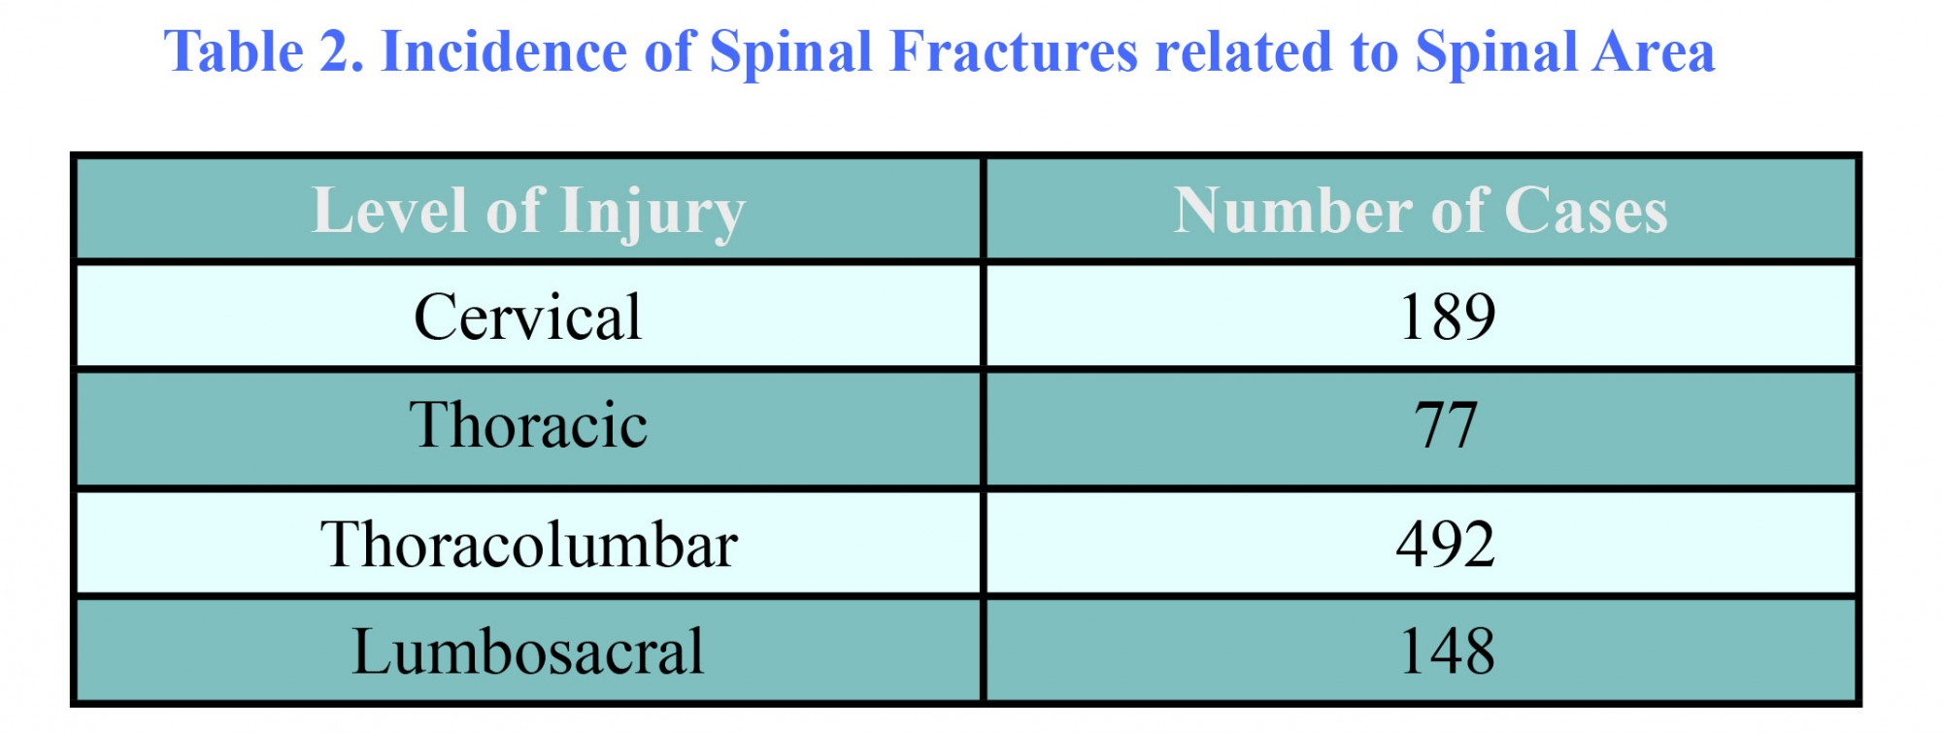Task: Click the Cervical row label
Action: click(527, 317)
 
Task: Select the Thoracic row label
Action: click(527, 424)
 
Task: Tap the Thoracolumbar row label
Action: click(529, 544)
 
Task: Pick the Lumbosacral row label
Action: click(527, 650)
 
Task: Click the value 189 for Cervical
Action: click(1447, 317)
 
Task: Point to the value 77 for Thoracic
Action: click(1446, 424)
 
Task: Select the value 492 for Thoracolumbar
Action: click(1446, 544)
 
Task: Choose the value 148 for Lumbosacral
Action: click(1447, 650)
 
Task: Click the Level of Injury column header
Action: click(528, 212)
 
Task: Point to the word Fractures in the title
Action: click(1013, 51)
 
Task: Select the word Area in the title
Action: click(1649, 52)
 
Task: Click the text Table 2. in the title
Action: click(264, 51)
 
